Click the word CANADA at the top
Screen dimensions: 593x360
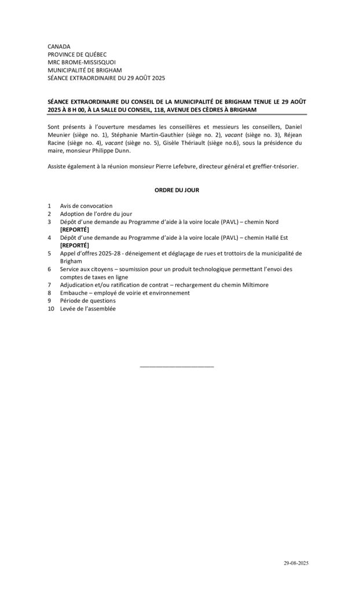pos(58,46)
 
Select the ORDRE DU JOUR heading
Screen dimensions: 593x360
pos(177,190)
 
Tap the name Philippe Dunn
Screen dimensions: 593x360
pos(112,151)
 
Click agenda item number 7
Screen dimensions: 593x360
pos(50,285)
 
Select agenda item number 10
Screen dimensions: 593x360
pos(51,309)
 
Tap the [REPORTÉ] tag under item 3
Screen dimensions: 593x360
pos(75,229)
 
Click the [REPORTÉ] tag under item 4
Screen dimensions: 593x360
pos(75,245)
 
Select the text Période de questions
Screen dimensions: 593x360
pos(87,301)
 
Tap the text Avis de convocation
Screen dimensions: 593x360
pos(86,206)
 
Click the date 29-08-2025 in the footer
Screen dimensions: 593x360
pos(296,563)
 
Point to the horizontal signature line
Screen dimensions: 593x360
pos(177,367)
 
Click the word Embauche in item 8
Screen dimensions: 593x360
pos(74,293)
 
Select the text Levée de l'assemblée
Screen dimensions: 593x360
pos(87,309)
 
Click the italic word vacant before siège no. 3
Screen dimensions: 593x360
pos(233,134)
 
